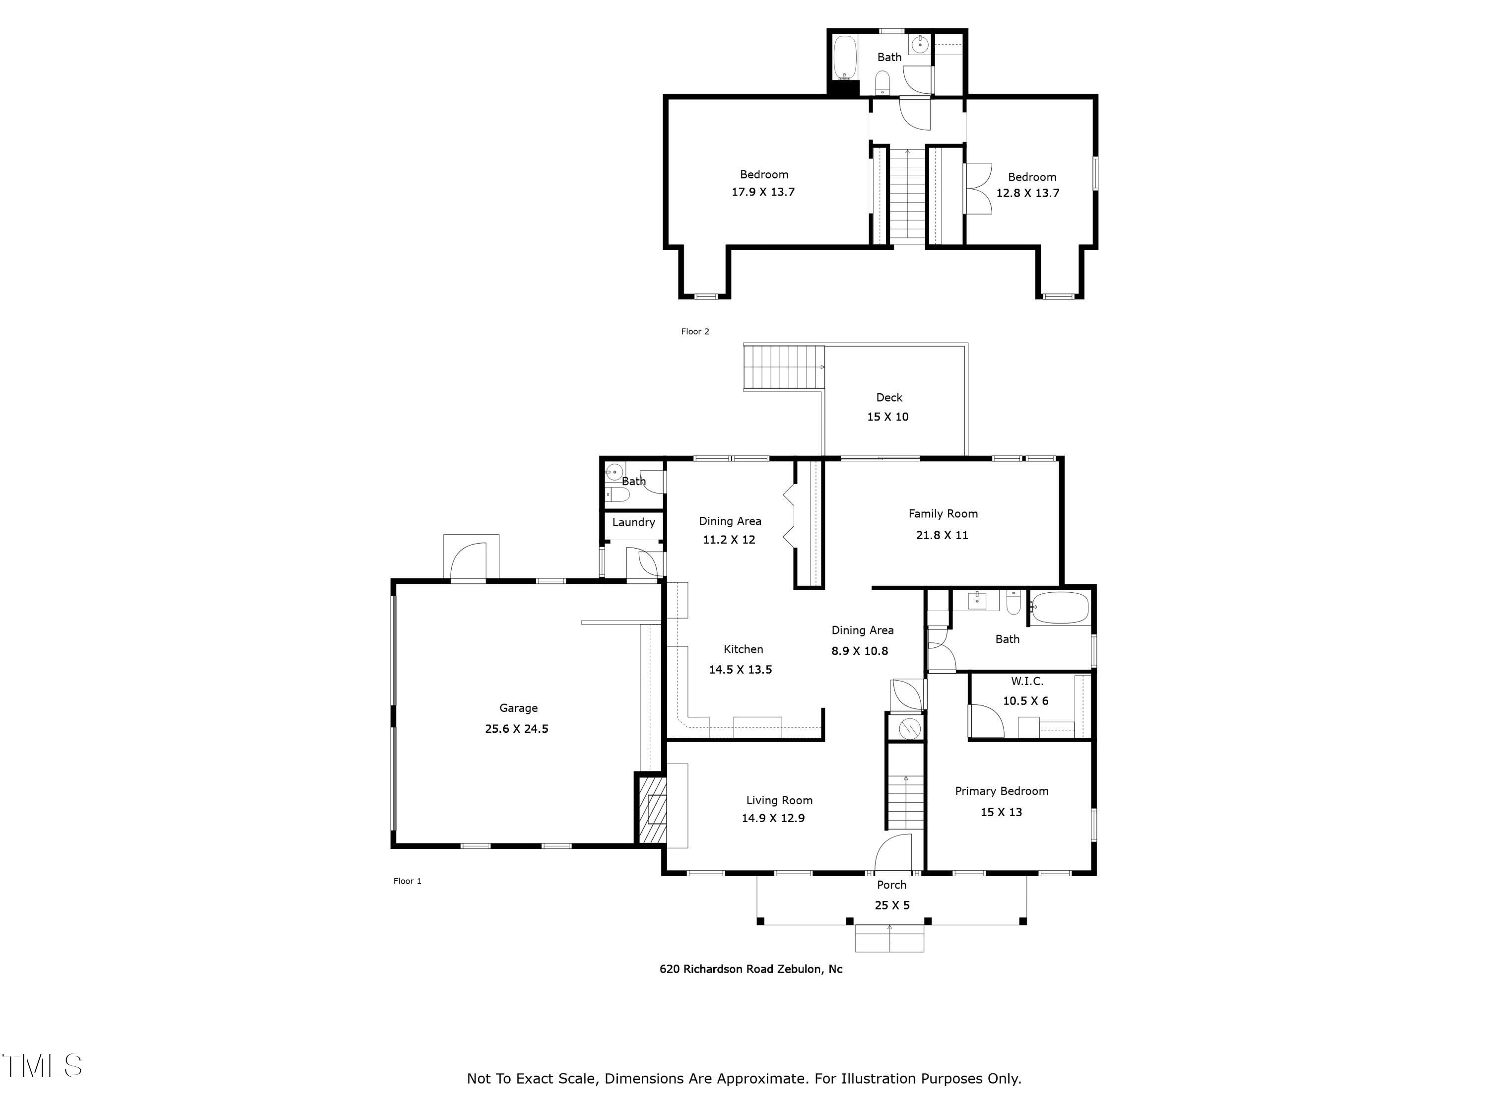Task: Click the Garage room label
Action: [x=518, y=707]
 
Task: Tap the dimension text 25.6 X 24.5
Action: [x=516, y=728]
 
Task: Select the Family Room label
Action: [x=943, y=514]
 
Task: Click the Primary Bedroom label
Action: [x=1001, y=791]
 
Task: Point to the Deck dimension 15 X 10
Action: [x=887, y=417]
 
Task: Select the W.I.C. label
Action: [x=1026, y=682]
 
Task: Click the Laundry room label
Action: [x=633, y=522]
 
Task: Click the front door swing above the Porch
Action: [x=894, y=854]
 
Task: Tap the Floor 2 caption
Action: [x=695, y=331]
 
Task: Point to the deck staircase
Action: [x=783, y=367]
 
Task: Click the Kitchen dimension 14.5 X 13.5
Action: [x=740, y=669]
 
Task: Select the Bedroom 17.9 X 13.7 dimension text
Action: [x=763, y=192]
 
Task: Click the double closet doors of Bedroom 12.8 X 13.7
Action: [x=978, y=189]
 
